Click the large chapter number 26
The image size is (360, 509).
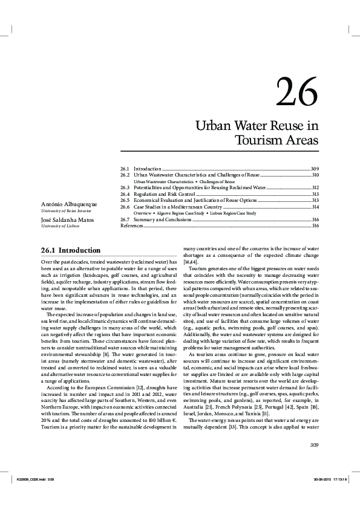point(296,92)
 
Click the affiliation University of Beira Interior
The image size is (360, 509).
point(62,211)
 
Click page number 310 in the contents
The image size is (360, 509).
point(315,175)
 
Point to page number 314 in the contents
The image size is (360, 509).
point(315,207)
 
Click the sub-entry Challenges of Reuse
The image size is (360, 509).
point(217,181)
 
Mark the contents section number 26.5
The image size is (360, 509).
point(125,200)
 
